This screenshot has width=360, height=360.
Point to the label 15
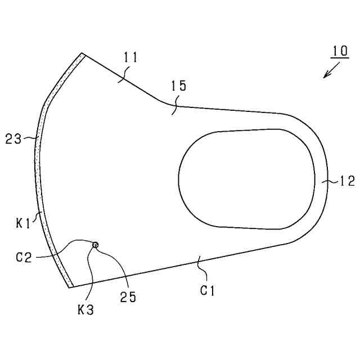tap(178, 85)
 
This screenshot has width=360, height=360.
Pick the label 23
tap(13, 138)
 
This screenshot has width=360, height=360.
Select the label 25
tap(128, 297)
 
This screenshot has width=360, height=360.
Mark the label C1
tap(208, 290)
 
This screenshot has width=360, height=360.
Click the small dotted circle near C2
tap(95, 245)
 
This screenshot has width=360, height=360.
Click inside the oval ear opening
tap(246, 179)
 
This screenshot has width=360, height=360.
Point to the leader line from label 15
tap(175, 105)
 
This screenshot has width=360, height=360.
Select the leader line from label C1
tap(201, 267)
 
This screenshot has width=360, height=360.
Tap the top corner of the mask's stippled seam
tap(82, 54)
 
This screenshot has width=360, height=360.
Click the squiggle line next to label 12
tap(330, 181)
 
